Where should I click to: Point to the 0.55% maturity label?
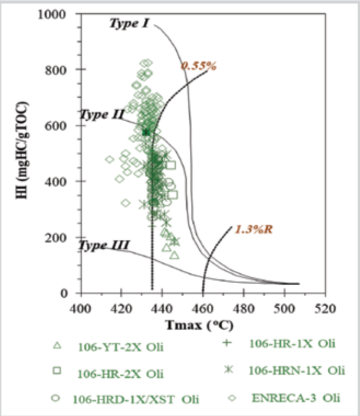pyautogui.click(x=199, y=66)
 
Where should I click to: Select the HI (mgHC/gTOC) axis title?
pyautogui.click(x=28, y=154)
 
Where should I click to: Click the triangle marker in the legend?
pyautogui.click(x=57, y=345)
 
